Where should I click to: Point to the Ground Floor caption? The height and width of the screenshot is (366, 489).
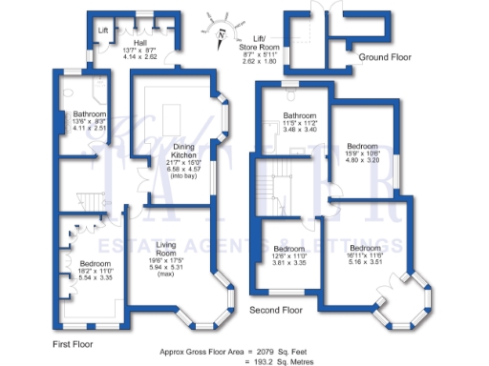tap(385, 57)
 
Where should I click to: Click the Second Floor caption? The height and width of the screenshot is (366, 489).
tap(276, 310)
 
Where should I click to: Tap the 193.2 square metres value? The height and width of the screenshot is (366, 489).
tap(272, 361)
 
